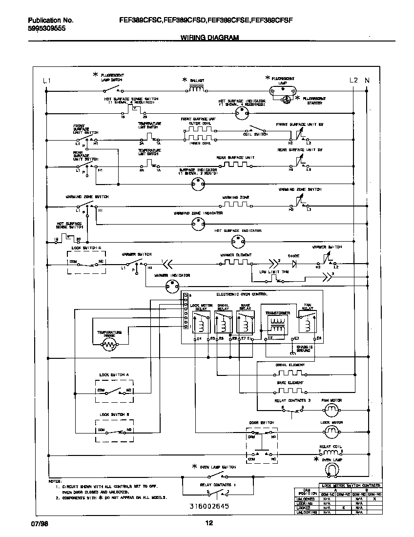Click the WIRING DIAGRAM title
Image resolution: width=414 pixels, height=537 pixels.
209,38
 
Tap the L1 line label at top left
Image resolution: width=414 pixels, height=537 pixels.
46,80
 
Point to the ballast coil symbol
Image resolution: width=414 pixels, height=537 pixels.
196,89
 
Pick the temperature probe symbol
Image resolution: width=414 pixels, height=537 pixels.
109,345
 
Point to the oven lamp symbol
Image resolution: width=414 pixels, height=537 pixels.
332,470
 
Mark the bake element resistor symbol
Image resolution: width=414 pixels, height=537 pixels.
290,391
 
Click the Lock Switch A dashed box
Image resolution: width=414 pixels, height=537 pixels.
114,391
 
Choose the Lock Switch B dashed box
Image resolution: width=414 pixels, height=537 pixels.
114,430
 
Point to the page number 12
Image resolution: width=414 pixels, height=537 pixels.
208,523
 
